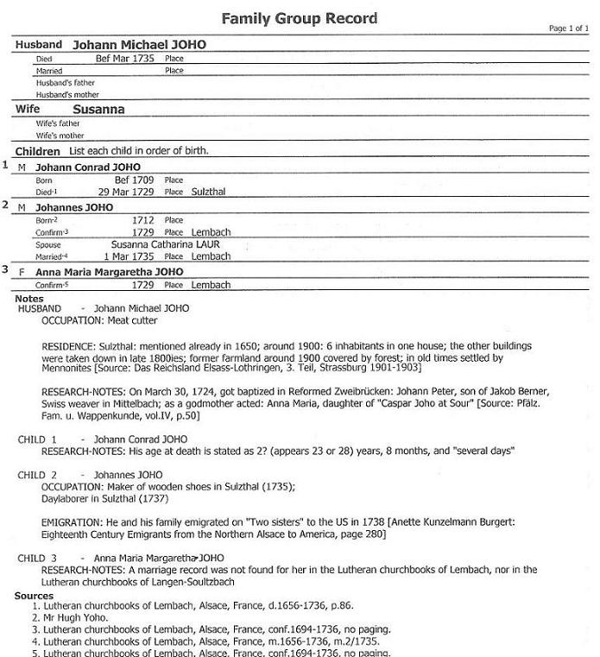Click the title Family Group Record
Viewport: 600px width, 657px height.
tap(299, 17)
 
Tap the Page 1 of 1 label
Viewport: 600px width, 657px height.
tap(568, 28)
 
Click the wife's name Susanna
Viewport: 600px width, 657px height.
tap(98, 110)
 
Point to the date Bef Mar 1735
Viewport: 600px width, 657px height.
tap(124, 59)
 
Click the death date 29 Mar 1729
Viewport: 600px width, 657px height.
tap(126, 192)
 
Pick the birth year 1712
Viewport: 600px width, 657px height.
tap(142, 220)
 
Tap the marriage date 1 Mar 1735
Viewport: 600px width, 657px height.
tap(129, 256)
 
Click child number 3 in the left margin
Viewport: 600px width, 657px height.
tap(5, 270)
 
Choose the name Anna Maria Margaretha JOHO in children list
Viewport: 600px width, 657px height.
tap(109, 272)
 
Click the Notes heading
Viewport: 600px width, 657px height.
tap(29, 299)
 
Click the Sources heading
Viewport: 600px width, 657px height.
tap(34, 596)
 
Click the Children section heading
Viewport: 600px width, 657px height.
tap(37, 151)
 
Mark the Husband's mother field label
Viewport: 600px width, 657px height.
tap(67, 95)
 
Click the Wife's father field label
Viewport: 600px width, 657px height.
tap(58, 123)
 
